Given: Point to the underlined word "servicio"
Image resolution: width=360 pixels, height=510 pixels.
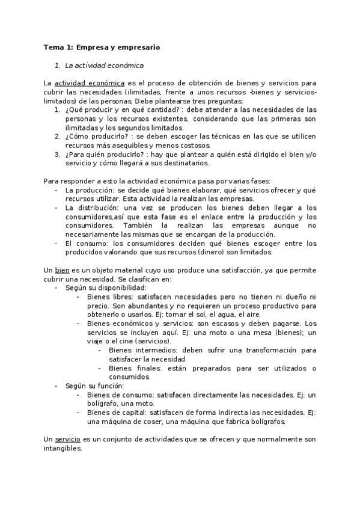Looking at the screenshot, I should tap(67, 440).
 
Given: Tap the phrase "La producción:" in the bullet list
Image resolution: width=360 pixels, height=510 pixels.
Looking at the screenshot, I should tap(89, 190).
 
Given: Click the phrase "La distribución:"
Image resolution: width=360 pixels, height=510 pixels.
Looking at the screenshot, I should tap(93, 207).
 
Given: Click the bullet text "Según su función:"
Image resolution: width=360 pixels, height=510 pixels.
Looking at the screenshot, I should tap(94, 386).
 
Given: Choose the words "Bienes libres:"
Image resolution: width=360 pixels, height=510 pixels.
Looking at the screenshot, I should tap(109, 297).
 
